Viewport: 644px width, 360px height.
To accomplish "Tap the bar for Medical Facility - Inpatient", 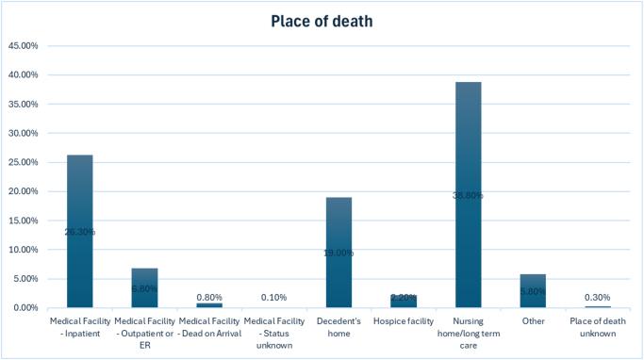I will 80,231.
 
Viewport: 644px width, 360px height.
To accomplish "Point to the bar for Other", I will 533,291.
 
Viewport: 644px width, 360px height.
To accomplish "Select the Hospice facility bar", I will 404,302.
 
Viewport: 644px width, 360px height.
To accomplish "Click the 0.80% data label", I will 209,297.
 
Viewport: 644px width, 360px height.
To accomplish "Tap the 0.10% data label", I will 274,299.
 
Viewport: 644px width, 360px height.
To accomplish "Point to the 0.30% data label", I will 598,298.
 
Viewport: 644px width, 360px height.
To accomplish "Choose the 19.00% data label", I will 339,253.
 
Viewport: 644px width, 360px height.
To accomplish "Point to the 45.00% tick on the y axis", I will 23,45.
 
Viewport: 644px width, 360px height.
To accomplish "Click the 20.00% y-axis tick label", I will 23,191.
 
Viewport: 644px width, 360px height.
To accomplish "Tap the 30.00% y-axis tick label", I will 23,133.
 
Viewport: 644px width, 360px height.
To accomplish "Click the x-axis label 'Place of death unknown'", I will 598,327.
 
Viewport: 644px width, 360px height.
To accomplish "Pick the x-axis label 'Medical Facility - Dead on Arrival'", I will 209,327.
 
